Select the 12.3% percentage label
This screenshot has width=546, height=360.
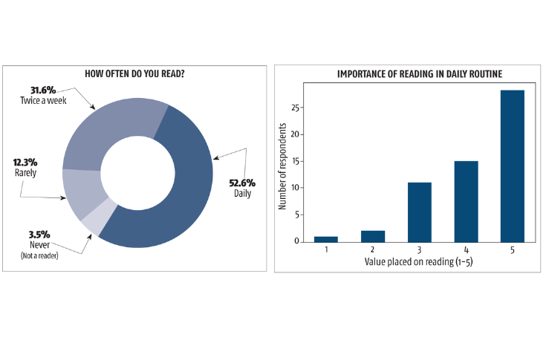tap(25, 162)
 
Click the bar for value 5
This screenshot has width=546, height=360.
tap(513, 166)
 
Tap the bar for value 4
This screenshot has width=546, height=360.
tap(466, 201)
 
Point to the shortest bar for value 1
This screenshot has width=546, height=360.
tap(326, 238)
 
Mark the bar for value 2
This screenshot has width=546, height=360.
tap(373, 236)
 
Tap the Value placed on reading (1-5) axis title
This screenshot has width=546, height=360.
tap(419, 262)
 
